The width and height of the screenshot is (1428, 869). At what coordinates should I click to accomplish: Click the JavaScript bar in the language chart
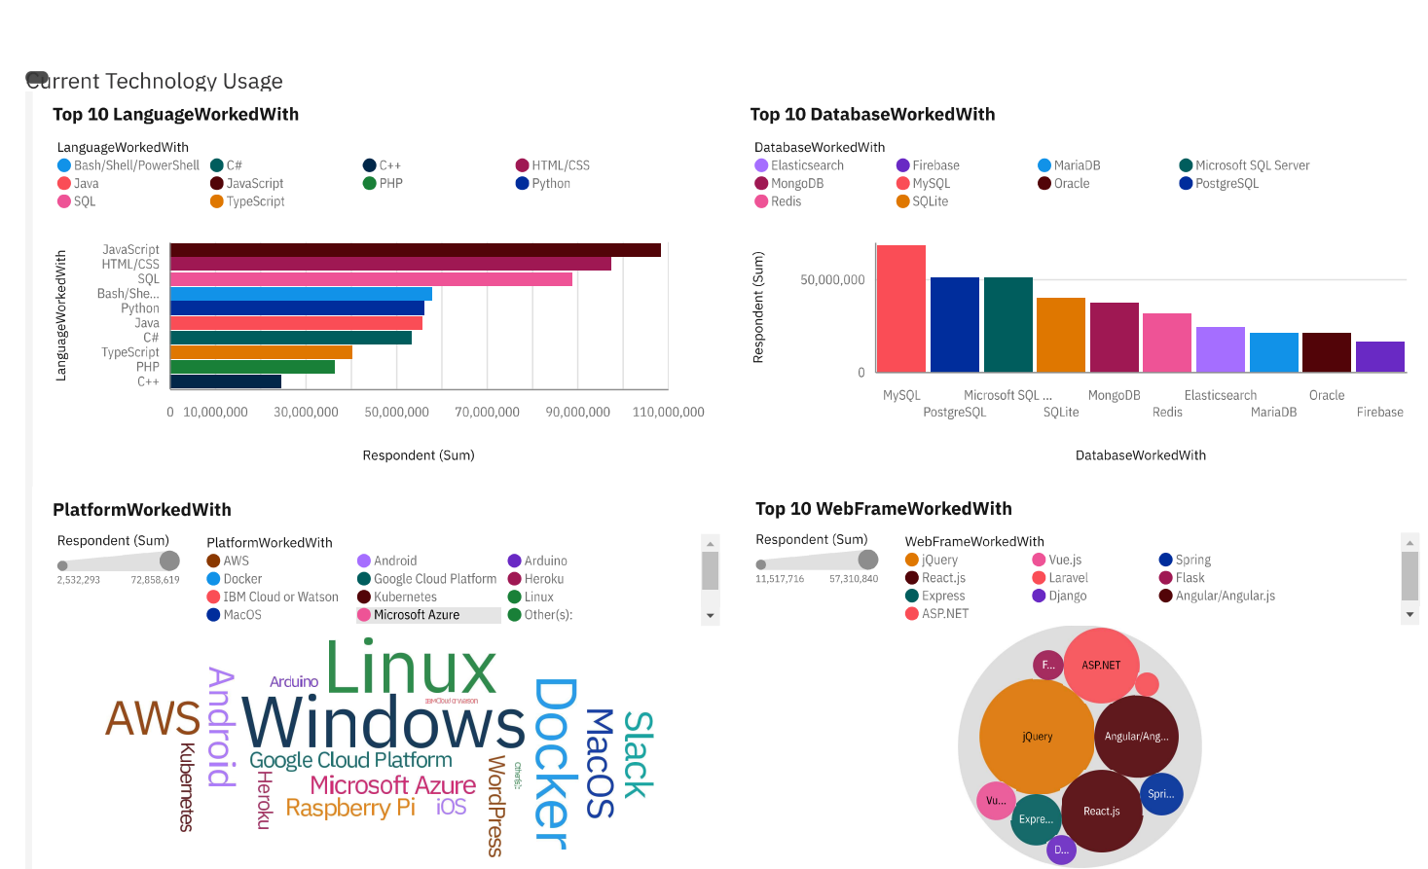coord(416,250)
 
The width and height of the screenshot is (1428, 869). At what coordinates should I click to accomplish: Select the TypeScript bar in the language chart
coord(261,352)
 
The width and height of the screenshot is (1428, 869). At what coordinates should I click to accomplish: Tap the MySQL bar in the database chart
coord(900,308)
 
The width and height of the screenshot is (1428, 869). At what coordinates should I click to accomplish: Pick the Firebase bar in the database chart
coord(1379,356)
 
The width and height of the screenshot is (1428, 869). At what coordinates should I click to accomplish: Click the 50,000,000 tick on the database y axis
coord(832,280)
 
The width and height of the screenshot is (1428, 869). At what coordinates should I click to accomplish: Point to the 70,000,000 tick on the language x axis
coord(487,413)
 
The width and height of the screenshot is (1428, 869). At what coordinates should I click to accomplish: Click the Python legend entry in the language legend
coord(550,184)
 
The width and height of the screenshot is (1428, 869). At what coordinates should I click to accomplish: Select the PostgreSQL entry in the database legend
coord(1227,184)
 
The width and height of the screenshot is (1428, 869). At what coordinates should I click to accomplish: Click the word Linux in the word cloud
coord(411,669)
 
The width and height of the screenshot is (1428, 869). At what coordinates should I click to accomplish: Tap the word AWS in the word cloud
coord(153,719)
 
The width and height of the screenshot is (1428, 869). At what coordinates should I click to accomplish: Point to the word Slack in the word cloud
coord(638,754)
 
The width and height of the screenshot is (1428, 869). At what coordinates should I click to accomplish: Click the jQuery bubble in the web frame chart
coord(1037,737)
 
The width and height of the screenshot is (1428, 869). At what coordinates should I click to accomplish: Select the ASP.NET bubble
coord(1101,666)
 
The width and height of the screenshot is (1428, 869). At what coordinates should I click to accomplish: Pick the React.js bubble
coord(1101,811)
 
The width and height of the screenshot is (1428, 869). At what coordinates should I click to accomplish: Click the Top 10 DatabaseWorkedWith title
coord(872,115)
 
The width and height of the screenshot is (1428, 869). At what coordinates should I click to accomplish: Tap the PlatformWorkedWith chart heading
coord(142,510)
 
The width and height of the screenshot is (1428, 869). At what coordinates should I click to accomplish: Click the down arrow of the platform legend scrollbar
coord(711,616)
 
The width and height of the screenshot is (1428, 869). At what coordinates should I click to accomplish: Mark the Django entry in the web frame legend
coord(1067,596)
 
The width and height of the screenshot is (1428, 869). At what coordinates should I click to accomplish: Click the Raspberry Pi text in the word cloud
coord(350,809)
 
